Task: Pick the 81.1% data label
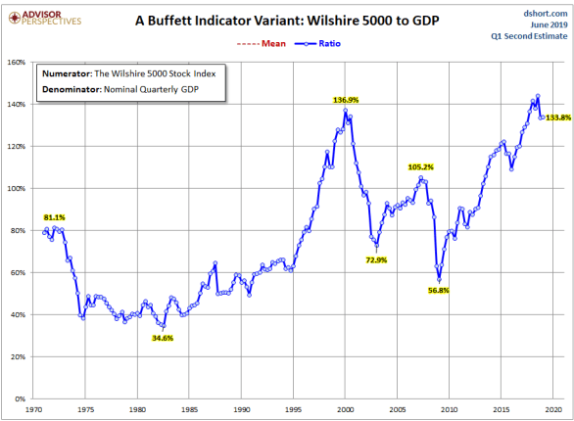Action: pos(55,216)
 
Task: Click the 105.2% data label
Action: pos(421,166)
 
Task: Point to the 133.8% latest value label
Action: pos(555,117)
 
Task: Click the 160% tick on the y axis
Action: pos(19,62)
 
